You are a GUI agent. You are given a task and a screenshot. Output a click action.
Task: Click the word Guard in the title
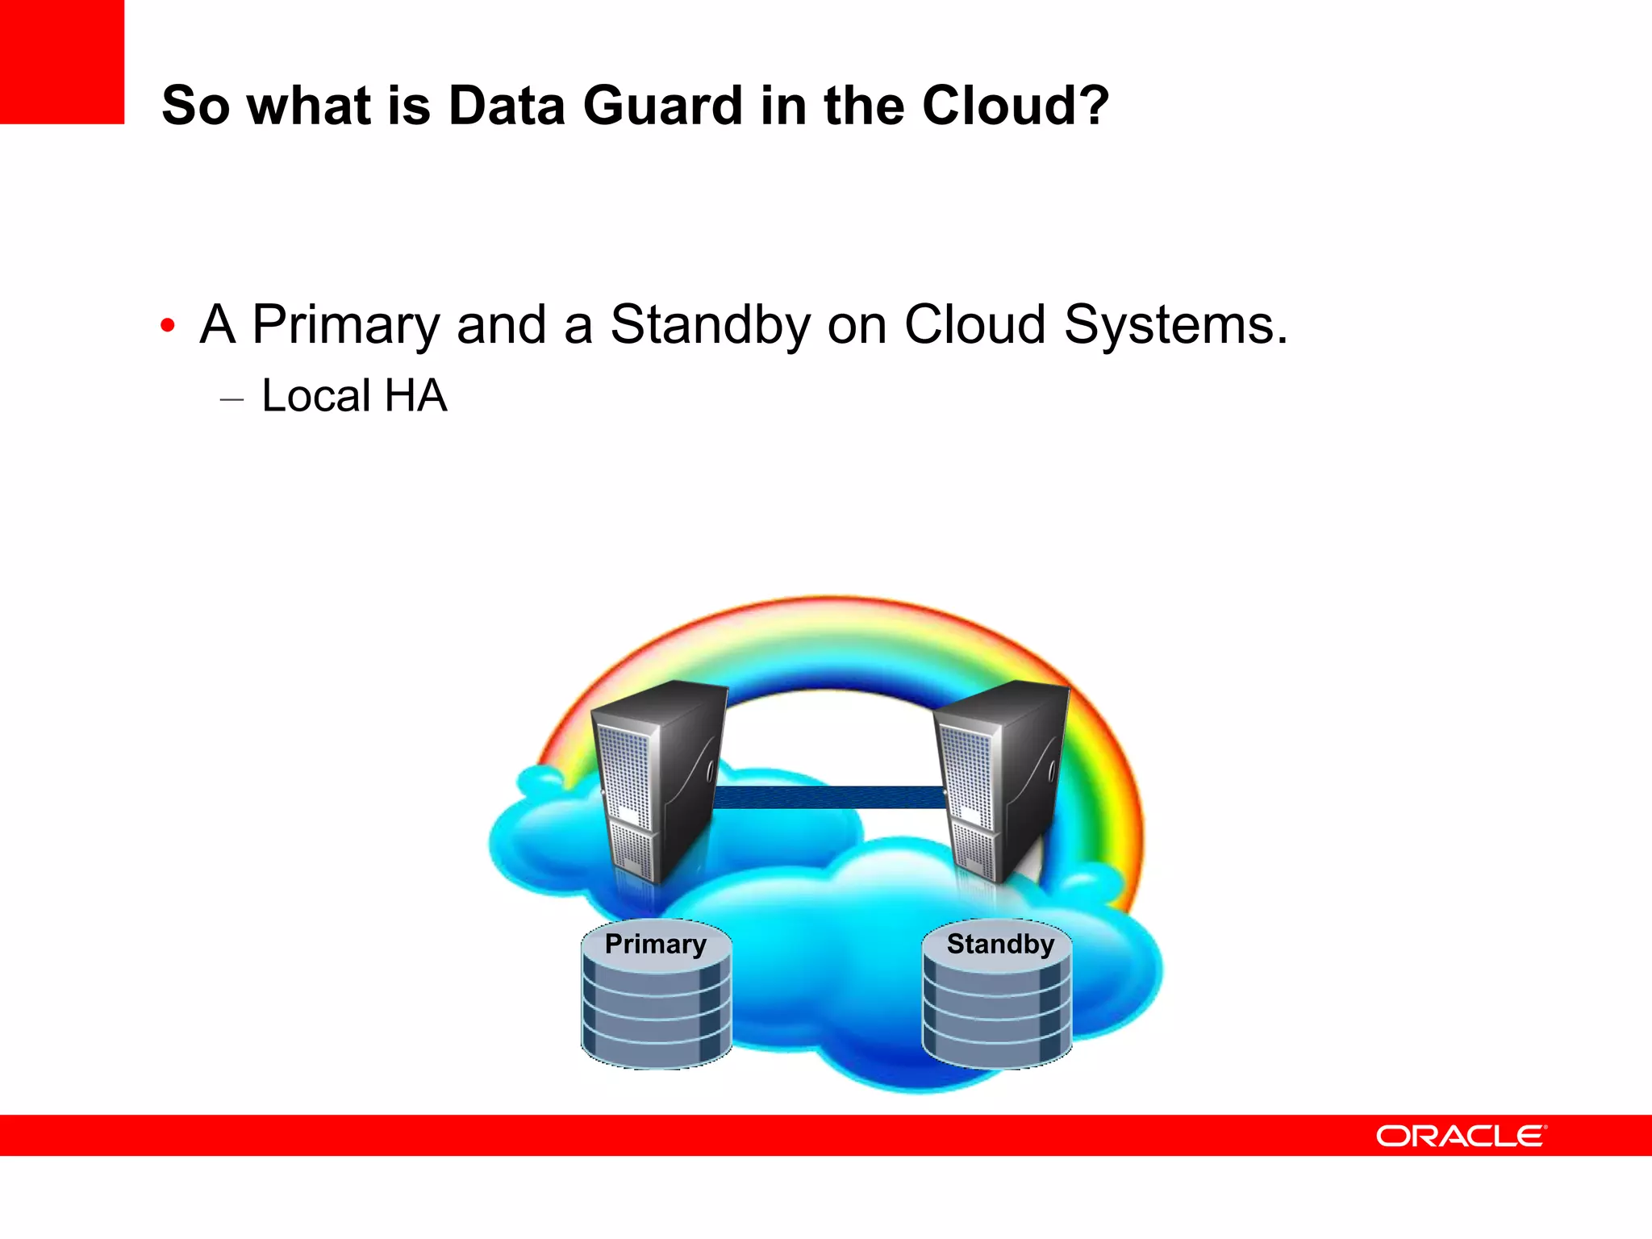click(663, 106)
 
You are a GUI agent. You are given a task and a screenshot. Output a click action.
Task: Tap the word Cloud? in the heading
click(1016, 106)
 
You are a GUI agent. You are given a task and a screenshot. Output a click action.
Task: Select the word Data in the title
click(506, 106)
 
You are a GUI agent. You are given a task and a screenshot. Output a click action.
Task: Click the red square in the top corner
click(61, 61)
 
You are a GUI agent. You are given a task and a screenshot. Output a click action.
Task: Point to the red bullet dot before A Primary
click(168, 326)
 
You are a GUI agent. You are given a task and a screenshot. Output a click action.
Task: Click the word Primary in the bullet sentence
click(346, 325)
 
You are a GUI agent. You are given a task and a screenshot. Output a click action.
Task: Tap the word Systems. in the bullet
click(1175, 325)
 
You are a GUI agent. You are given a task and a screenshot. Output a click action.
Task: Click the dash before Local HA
click(232, 399)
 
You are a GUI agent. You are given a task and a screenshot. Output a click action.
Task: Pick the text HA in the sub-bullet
click(415, 396)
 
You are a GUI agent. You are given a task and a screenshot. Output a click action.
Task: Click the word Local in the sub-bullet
click(316, 396)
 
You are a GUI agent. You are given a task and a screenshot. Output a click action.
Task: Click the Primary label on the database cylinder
click(655, 944)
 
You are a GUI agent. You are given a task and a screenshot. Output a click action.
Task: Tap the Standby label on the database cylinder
click(1000, 944)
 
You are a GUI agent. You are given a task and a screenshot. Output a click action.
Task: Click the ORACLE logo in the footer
click(1461, 1136)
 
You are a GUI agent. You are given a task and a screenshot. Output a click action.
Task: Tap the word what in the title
click(309, 106)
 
